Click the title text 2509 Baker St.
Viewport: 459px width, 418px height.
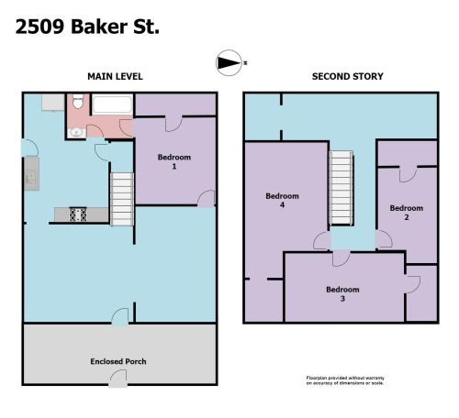pyautogui.click(x=87, y=27)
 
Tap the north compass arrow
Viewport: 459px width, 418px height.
pyautogui.click(x=229, y=63)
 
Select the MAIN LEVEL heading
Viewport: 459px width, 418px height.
pyautogui.click(x=115, y=76)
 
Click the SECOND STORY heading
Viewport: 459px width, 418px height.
pyautogui.click(x=348, y=76)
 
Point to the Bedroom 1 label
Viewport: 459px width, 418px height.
pyautogui.click(x=174, y=161)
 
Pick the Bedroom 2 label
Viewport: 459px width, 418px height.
pyautogui.click(x=407, y=213)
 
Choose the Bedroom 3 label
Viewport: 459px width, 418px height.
pyautogui.click(x=342, y=293)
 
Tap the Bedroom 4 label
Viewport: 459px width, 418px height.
pyautogui.click(x=282, y=200)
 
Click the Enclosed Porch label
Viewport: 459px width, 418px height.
pyautogui.click(x=118, y=361)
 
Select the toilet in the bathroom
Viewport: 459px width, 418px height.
pyautogui.click(x=78, y=101)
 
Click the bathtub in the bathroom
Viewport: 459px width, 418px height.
pyautogui.click(x=112, y=104)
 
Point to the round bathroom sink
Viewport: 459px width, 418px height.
pyautogui.click(x=76, y=132)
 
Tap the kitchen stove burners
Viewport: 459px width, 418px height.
pyautogui.click(x=78, y=214)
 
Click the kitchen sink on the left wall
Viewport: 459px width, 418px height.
pyautogui.click(x=31, y=178)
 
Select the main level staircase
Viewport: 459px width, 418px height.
pyautogui.click(x=122, y=199)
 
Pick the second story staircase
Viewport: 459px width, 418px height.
pyautogui.click(x=341, y=188)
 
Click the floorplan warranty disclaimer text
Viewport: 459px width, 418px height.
pyautogui.click(x=345, y=380)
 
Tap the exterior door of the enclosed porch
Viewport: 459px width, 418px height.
pyautogui.click(x=118, y=379)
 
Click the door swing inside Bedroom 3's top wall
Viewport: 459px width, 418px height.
pyautogui.click(x=341, y=258)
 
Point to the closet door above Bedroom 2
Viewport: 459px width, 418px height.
pyautogui.click(x=409, y=174)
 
